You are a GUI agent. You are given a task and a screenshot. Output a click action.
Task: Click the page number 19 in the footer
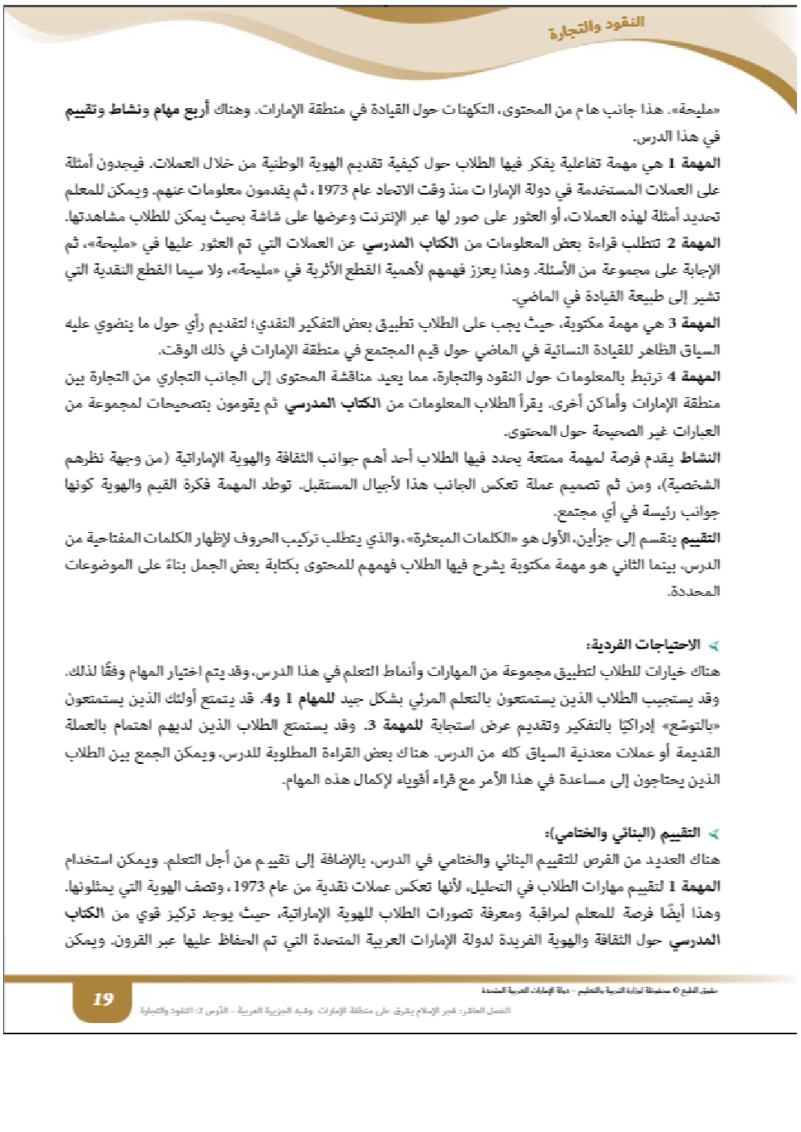[x=103, y=1000]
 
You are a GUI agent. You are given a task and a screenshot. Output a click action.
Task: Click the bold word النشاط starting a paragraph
[x=699, y=458]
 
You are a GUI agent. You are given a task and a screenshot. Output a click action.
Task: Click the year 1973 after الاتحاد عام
[x=331, y=190]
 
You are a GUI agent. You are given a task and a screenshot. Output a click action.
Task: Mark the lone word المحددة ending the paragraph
[x=694, y=592]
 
